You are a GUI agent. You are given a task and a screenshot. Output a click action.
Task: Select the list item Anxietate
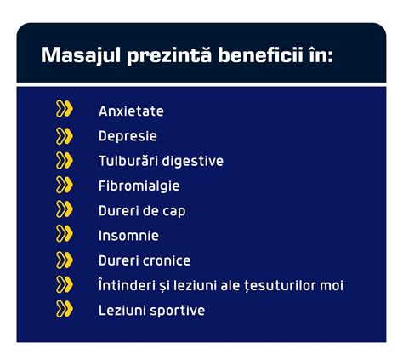(x=131, y=111)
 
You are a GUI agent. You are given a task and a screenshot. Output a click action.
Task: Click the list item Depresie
(x=128, y=136)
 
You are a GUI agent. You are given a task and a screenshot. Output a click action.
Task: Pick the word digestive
(x=195, y=161)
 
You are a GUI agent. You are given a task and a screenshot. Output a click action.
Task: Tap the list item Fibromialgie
(x=139, y=186)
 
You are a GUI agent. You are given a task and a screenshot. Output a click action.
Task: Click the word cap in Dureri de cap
(x=174, y=210)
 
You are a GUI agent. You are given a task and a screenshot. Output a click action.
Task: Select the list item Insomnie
(x=128, y=236)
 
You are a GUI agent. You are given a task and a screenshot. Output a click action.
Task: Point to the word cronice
(x=167, y=260)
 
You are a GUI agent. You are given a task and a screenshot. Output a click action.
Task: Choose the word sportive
(x=178, y=311)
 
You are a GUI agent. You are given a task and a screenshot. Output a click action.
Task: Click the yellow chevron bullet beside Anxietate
(x=65, y=110)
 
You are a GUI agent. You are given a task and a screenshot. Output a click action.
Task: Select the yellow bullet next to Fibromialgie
(x=65, y=185)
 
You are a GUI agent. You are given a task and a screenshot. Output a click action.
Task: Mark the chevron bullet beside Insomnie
(x=65, y=234)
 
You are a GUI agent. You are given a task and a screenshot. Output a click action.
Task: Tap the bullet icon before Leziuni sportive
(x=65, y=309)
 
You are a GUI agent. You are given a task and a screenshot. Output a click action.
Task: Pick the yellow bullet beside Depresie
(x=65, y=135)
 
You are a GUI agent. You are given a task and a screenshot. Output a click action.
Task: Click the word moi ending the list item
(x=330, y=285)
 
